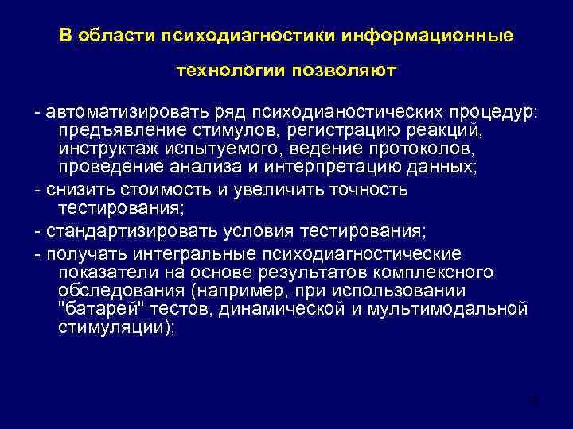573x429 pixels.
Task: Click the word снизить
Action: tap(76, 189)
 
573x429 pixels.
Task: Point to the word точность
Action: tap(368, 189)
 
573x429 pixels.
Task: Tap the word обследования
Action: tap(115, 290)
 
